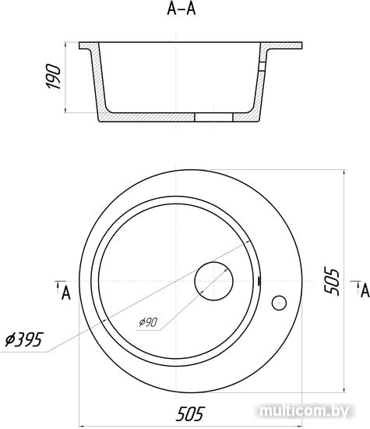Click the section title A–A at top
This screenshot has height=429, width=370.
pos(181,9)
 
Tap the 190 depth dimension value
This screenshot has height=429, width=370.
pos(53,76)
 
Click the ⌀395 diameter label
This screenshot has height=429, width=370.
pos(24,339)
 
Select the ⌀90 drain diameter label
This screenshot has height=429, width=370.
pos(148,322)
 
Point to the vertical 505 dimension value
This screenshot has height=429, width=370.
pos(331,281)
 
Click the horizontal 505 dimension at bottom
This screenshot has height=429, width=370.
pos(190,414)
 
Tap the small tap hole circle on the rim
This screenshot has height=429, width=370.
pos(279,303)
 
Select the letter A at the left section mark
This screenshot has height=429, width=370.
pos(66,293)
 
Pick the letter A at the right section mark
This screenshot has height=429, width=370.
pos(365,291)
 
